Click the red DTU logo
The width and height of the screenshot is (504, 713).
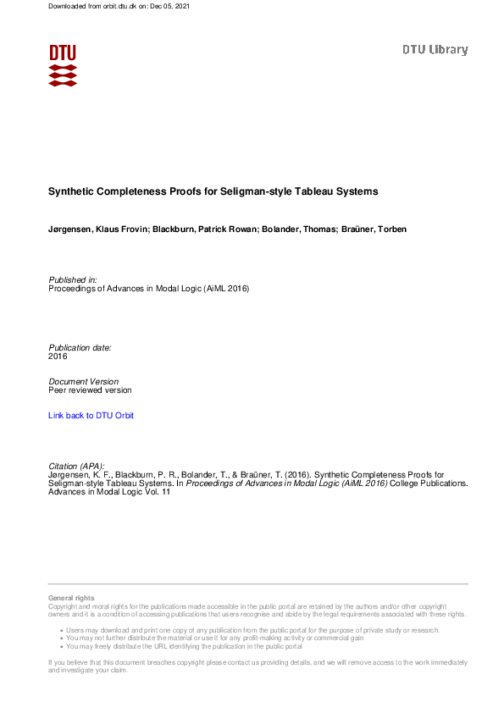pos(63,64)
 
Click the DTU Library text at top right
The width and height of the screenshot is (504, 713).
pos(435,50)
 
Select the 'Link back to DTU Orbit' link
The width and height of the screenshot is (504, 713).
pos(91,416)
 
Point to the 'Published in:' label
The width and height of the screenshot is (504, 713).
pos(73,279)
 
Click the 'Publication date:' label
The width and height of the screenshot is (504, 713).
pos(80,347)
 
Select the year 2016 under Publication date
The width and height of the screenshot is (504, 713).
pos(58,356)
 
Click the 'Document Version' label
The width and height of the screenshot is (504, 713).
pos(83,381)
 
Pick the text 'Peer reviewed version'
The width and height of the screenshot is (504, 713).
pos(90,390)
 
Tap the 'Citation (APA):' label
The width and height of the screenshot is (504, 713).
pos(77,466)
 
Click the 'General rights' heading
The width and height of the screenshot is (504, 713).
pos(71,599)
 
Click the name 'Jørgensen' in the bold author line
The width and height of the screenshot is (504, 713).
pos(70,229)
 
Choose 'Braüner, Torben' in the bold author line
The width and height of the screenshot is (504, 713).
pos(375,229)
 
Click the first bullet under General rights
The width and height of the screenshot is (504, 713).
pos(250,631)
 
